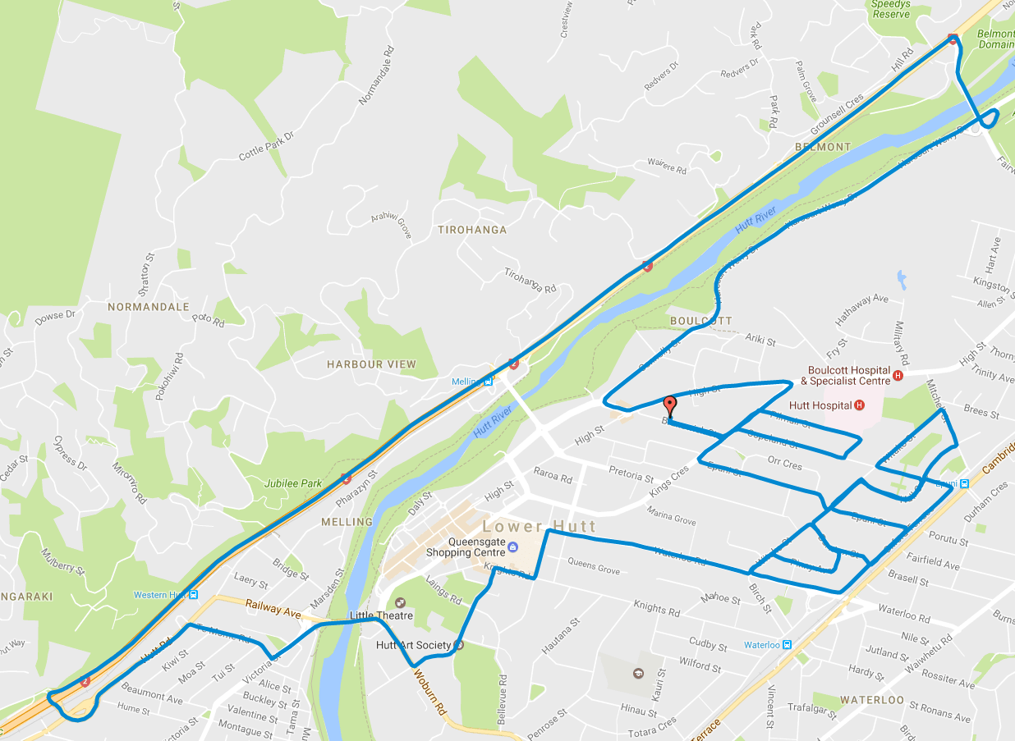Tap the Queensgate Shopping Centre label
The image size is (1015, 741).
pyautogui.click(x=465, y=547)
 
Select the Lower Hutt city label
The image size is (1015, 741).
pyautogui.click(x=540, y=526)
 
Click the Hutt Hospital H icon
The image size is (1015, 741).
pyautogui.click(x=859, y=405)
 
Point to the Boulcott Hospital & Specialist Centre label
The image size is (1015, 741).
pyautogui.click(x=848, y=375)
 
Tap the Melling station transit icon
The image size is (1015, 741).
pyautogui.click(x=489, y=381)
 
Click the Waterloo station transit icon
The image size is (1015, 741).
pyautogui.click(x=787, y=645)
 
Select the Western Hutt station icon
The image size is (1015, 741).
pyautogui.click(x=193, y=595)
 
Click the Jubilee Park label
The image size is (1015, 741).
pyautogui.click(x=293, y=483)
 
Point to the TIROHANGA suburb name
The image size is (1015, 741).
pyautogui.click(x=471, y=230)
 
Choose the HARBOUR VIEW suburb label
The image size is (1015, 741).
pyautogui.click(x=371, y=364)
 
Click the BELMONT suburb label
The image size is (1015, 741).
pyautogui.click(x=823, y=147)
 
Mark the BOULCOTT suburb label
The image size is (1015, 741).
pyautogui.click(x=700, y=320)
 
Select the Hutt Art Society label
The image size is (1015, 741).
pyautogui.click(x=413, y=645)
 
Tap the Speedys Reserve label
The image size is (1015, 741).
pyautogui.click(x=890, y=9)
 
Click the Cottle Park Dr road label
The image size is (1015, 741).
pyautogui.click(x=266, y=145)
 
